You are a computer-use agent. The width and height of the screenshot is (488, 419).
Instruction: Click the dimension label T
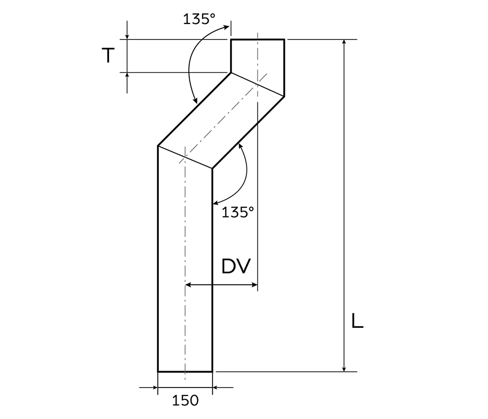[x=108, y=56]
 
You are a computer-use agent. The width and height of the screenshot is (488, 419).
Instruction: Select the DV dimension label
[x=236, y=267]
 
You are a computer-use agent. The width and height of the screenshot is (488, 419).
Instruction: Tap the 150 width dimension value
[x=185, y=400]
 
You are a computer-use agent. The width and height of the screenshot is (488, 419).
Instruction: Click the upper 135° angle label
[x=199, y=19]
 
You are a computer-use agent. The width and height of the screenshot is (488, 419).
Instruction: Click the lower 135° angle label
[x=238, y=212]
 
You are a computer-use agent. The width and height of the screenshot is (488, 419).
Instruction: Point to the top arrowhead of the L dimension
[x=344, y=42]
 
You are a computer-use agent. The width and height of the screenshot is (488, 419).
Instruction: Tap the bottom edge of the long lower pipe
[x=185, y=372]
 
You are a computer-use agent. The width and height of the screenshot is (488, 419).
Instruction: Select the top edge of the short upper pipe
[x=257, y=39]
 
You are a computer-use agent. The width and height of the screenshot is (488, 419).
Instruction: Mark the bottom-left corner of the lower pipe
[x=158, y=372]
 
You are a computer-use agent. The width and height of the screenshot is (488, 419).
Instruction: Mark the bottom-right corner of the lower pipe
[x=212, y=372]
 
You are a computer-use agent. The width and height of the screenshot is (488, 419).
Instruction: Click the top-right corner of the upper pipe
[x=284, y=39]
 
